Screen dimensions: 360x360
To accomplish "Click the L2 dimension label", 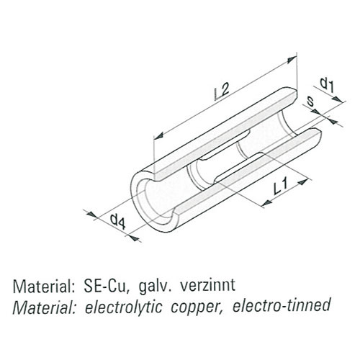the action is [222, 91].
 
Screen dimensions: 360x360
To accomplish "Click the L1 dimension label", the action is [281, 187].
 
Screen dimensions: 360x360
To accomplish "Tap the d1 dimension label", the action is [327, 85].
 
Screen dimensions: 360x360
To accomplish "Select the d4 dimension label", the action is [117, 222].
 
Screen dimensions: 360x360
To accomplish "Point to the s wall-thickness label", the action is [310, 102].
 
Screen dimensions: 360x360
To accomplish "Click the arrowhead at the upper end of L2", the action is [292, 59].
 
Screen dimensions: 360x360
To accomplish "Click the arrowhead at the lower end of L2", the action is [158, 135].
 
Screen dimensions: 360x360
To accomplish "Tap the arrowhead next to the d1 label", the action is [338, 99].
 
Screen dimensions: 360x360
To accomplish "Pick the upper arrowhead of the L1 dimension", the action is [302, 181].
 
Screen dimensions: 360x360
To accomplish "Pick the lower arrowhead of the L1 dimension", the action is [266, 203].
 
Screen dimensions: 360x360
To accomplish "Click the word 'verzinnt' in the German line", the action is [208, 285].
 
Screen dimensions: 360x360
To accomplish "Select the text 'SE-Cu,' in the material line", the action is [106, 287].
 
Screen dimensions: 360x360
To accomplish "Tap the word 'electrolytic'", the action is [123, 307].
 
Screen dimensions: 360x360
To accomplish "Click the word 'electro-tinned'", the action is [282, 305].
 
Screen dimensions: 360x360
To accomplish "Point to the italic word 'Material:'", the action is [43, 307].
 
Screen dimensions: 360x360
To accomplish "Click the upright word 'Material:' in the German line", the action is [42, 286].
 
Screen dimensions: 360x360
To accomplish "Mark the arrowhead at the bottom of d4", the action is [135, 238].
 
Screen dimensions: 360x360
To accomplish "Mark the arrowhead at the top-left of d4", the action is [91, 215].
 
